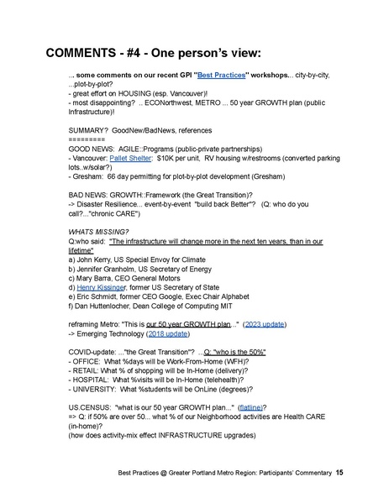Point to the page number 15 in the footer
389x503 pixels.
click(x=339, y=474)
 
